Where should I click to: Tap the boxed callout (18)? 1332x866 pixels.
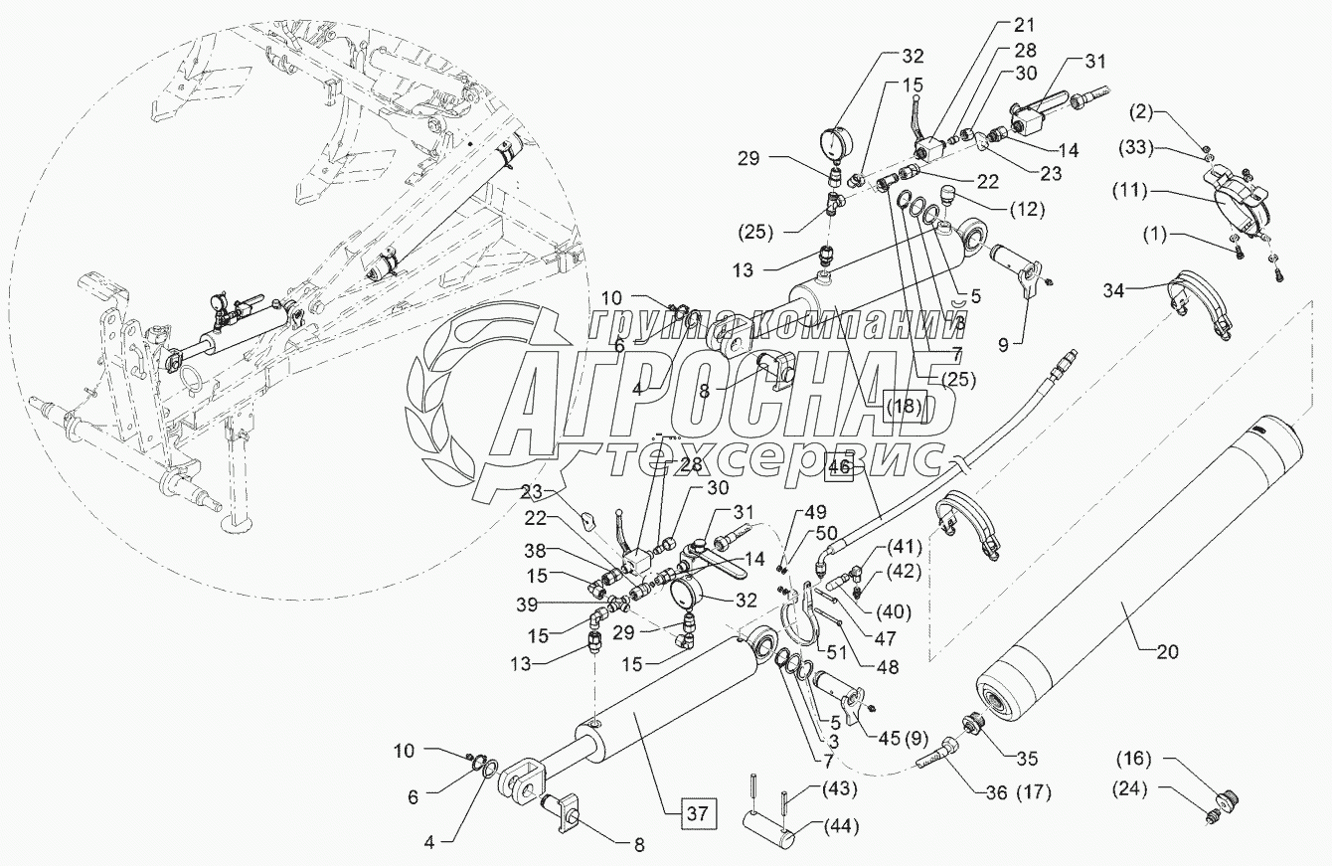[904, 407]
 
